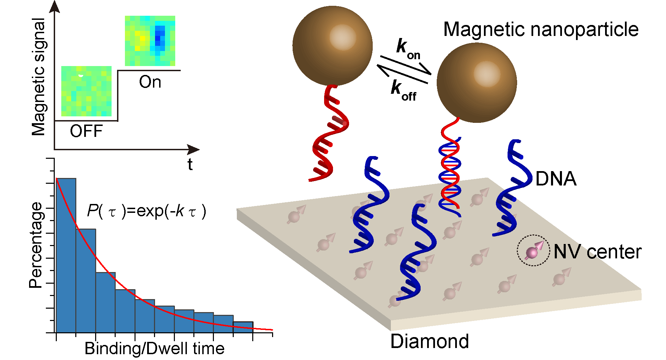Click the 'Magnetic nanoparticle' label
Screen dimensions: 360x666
pyautogui.click(x=541, y=29)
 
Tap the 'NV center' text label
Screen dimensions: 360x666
pyautogui.click(x=597, y=252)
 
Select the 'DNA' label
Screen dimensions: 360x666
pyautogui.click(x=556, y=179)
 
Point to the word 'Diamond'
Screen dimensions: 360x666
pyautogui.click(x=430, y=342)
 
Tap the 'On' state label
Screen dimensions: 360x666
pyautogui.click(x=150, y=82)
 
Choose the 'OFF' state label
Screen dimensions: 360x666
pyautogui.click(x=86, y=131)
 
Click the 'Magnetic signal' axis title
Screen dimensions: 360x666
pyautogui.click(x=38, y=77)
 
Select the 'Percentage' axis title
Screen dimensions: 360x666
pyautogui.click(x=36, y=245)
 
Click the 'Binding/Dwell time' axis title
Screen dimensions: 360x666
pyautogui.click(x=154, y=349)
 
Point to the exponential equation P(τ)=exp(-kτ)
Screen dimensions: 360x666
pyautogui.click(x=146, y=211)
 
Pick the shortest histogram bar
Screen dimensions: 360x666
pyautogui.click(x=243, y=327)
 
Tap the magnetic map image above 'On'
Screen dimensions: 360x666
pyautogui.click(x=150, y=41)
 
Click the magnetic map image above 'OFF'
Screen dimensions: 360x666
pyautogui.click(x=86, y=91)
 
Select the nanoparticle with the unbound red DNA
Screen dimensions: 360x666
pyautogui.click(x=332, y=46)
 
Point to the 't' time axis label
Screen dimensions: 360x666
pyautogui.click(x=190, y=165)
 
